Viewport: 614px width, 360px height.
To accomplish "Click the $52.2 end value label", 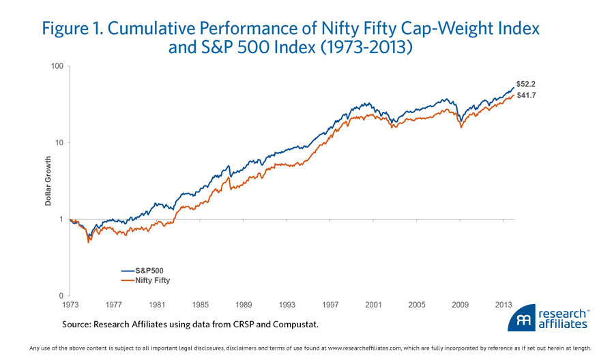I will point(525,83).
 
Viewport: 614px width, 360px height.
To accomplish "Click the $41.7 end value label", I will point(525,95).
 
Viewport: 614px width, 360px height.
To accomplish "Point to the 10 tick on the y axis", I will point(59,143).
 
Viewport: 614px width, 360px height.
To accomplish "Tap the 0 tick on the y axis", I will point(61,296).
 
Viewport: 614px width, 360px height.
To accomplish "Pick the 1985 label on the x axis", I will point(201,305).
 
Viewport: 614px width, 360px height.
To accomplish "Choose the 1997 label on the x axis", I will point(331,305).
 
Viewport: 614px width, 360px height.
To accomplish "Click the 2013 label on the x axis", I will point(504,305).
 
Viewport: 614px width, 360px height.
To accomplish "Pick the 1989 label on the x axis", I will point(244,305).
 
